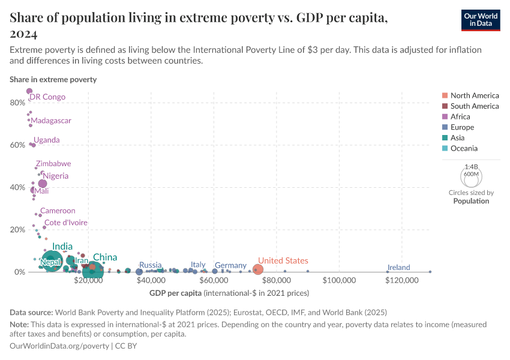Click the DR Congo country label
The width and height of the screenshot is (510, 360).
(47, 97)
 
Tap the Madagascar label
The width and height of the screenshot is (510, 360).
(51, 121)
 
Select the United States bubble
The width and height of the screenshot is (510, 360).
(257, 270)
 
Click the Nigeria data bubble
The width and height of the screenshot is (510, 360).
(43, 184)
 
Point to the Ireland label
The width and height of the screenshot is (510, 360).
(398, 268)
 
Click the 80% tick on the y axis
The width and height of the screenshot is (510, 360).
(17, 103)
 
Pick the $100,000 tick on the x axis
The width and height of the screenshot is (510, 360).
(340, 281)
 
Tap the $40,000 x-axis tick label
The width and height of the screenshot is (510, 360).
(151, 281)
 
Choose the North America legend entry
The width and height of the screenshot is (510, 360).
(475, 95)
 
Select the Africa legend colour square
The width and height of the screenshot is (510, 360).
(444, 116)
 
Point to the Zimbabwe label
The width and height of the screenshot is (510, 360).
(53, 164)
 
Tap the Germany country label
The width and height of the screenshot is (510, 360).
(230, 265)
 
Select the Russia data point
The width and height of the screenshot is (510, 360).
(139, 272)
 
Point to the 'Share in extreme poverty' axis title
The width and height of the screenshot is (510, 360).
(53, 79)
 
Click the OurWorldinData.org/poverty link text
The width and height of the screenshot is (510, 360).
(59, 346)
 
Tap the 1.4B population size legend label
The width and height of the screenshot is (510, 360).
(471, 167)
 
